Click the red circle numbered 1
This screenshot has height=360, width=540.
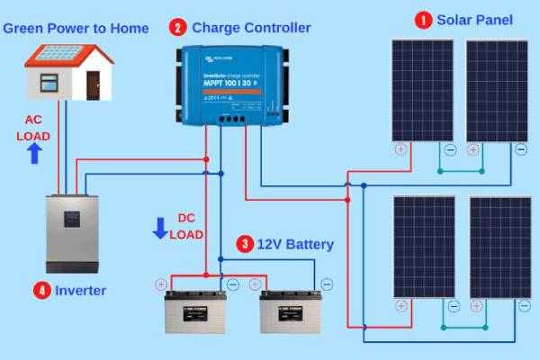click(x=422, y=19)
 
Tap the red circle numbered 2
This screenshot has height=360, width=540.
click(x=178, y=28)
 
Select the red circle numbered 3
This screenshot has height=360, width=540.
click(x=245, y=244)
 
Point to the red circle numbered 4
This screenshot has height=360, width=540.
click(x=41, y=290)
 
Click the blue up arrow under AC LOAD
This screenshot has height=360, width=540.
click(x=35, y=153)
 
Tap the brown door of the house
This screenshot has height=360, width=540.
click(x=93, y=85)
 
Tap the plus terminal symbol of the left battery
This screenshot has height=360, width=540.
click(x=161, y=283)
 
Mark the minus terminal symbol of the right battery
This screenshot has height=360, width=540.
click(x=325, y=283)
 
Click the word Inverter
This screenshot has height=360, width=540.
click(x=81, y=290)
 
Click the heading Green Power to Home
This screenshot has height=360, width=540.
click(x=76, y=28)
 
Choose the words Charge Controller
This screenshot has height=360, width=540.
click(x=251, y=28)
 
